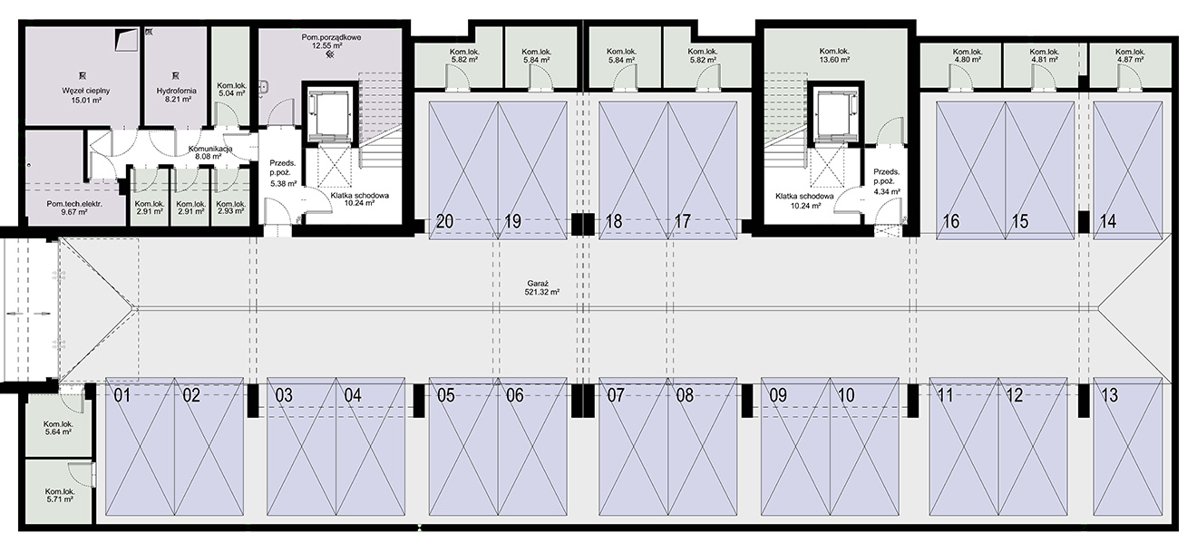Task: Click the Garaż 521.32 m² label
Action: coord(542,288)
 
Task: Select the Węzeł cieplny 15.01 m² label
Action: coord(85,95)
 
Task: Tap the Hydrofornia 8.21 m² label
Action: coord(176,95)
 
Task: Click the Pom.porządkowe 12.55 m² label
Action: coord(331,42)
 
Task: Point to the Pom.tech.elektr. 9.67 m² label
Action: coord(74,208)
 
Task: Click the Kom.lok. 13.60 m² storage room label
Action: coord(834,55)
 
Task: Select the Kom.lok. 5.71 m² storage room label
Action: coord(59,496)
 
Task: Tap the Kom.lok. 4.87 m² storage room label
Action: coord(1130,55)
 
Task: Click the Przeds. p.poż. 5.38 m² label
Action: coord(283,173)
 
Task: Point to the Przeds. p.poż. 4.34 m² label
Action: coord(887,181)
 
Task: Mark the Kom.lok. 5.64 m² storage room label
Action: coord(58,428)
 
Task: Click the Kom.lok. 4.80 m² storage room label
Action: coord(968,55)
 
